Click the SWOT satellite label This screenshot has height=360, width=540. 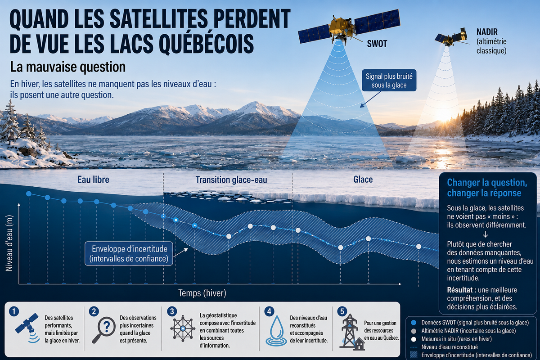(377, 44)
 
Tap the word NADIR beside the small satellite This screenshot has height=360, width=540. (487, 32)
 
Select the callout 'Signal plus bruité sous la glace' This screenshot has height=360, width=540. (389, 81)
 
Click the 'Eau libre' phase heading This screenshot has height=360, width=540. (93, 180)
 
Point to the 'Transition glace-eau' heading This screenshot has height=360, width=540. (231, 180)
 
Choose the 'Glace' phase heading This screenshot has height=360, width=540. (363, 180)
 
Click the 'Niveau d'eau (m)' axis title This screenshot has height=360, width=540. (9, 243)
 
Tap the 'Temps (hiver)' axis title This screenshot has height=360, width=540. (202, 293)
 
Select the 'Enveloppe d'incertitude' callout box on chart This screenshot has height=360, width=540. (129, 254)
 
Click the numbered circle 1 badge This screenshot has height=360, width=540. (14, 311)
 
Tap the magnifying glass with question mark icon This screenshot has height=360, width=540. (103, 329)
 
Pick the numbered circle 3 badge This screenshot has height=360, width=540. (172, 311)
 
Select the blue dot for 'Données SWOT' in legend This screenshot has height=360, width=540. (414, 323)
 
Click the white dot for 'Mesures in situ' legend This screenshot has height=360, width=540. (414, 339)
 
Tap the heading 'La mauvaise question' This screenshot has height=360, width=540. (68, 67)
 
